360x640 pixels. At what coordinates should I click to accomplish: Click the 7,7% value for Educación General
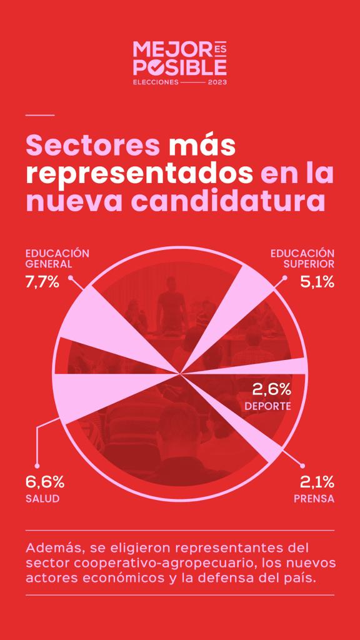point(42,282)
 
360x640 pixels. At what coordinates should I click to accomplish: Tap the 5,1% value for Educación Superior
point(317,282)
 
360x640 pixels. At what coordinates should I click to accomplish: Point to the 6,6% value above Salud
point(44,482)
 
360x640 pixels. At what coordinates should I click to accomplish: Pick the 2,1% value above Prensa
point(317,482)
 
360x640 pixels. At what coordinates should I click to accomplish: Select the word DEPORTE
point(267,406)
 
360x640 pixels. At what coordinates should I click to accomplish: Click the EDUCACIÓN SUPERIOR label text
point(302,258)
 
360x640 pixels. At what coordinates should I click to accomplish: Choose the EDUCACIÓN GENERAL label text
point(57,258)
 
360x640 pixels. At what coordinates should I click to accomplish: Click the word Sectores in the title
point(92,145)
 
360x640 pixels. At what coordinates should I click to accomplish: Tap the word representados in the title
point(139,173)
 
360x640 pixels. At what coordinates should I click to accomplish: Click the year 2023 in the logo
point(217,82)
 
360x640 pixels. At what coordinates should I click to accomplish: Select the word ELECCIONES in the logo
point(156,82)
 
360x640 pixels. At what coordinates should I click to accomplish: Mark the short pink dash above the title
point(40,115)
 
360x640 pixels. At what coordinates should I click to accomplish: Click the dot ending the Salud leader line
point(37,466)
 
